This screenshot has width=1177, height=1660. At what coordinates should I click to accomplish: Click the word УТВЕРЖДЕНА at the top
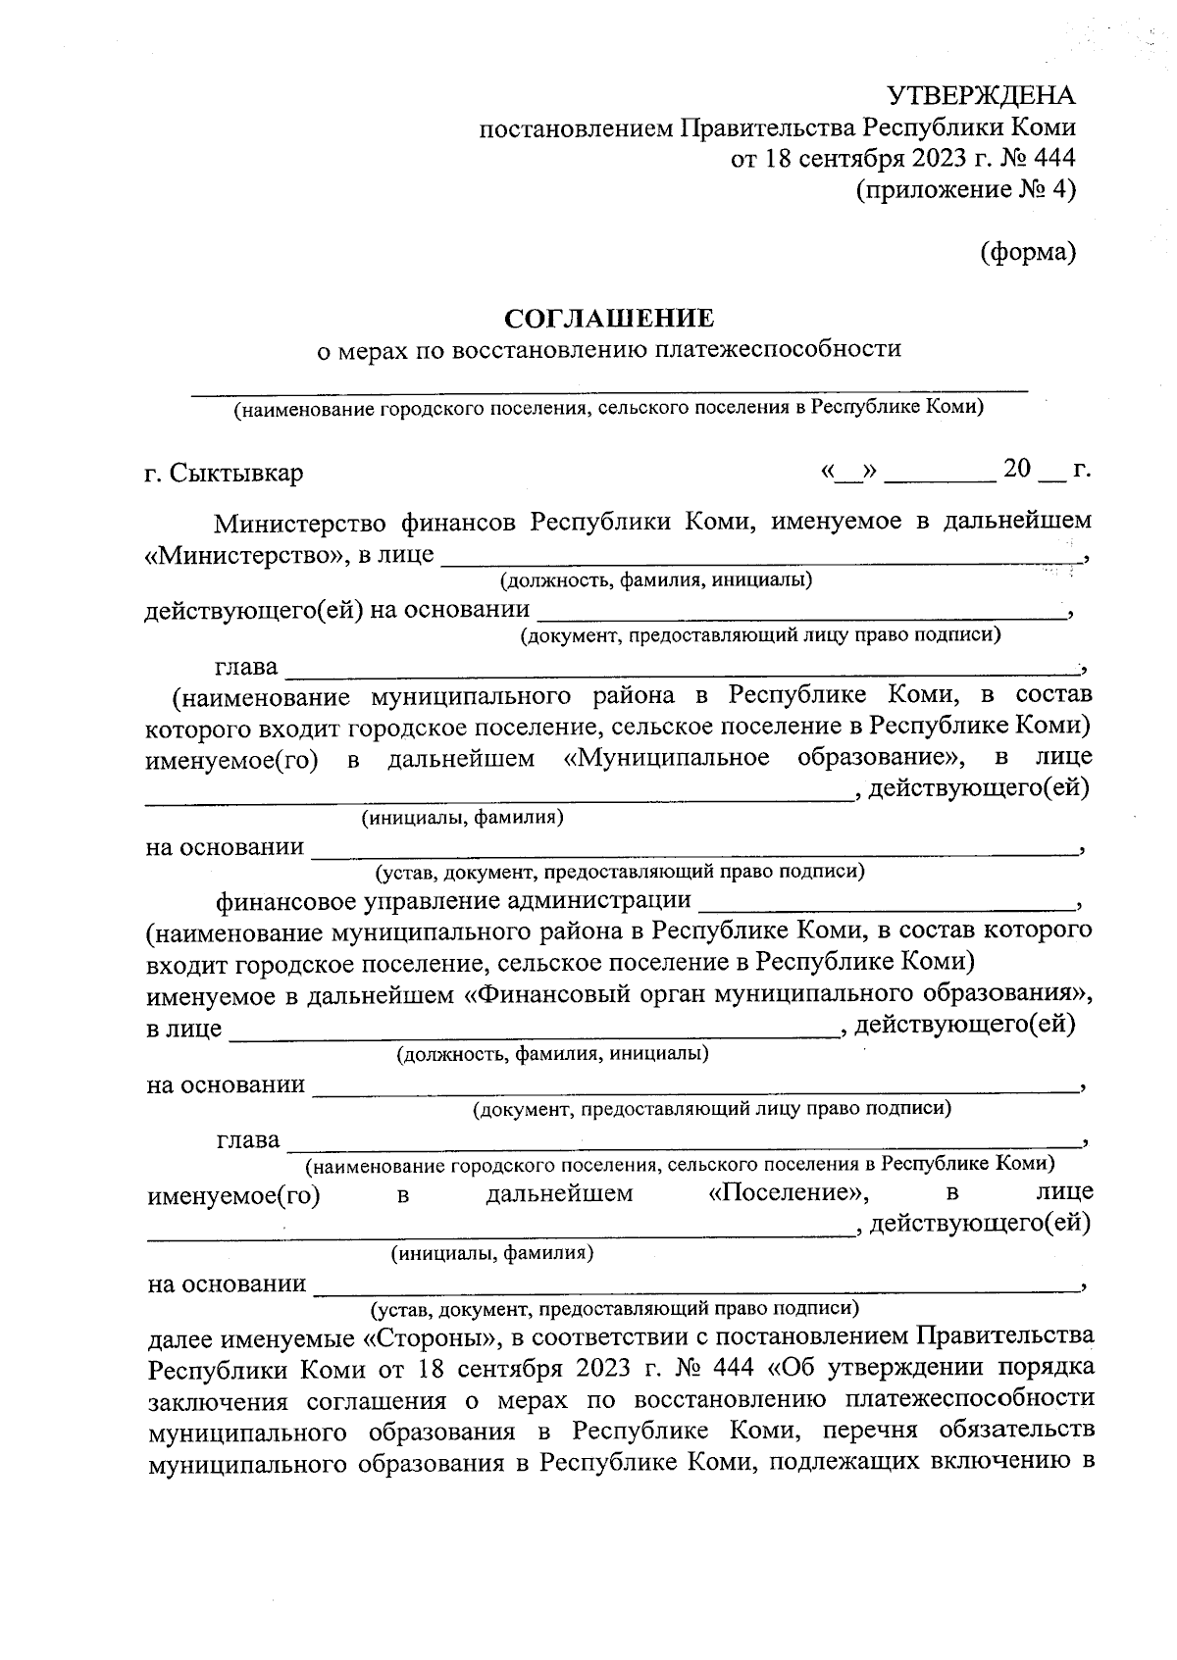(981, 96)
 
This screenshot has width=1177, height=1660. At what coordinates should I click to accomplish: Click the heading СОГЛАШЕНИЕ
(608, 319)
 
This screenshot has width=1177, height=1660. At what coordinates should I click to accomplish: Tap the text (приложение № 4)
(966, 188)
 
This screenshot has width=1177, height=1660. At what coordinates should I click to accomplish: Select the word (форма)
(1028, 252)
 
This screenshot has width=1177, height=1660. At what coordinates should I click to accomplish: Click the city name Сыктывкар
(236, 473)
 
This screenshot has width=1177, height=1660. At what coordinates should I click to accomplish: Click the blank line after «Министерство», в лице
(760, 556)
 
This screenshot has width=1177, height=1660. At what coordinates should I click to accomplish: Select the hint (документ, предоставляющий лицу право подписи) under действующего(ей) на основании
(760, 635)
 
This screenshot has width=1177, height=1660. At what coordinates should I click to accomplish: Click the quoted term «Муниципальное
(667, 758)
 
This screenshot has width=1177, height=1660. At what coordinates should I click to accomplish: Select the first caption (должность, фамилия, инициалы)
(656, 580)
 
